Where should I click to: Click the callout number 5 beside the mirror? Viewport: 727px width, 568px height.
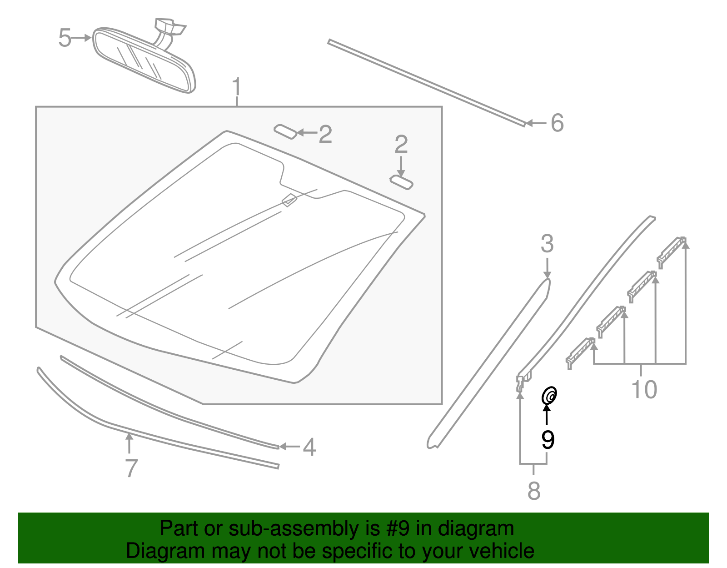tap(65, 38)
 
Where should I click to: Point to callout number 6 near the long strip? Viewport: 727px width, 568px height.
tap(557, 123)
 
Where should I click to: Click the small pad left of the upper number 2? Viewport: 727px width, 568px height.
tap(285, 132)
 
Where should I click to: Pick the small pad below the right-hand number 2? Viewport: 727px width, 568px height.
tap(402, 181)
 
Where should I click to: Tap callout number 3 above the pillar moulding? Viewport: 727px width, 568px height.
tap(547, 244)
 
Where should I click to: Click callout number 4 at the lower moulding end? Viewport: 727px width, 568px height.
tap(309, 447)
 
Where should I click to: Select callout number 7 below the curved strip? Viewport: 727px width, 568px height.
tap(131, 468)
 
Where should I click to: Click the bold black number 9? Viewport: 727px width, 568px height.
tap(548, 439)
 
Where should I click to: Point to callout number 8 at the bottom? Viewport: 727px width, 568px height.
tap(534, 491)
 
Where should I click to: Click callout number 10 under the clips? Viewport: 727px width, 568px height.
tap(644, 390)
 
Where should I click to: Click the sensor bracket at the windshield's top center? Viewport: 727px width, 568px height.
tap(289, 199)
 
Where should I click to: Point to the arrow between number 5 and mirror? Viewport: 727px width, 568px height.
tap(83, 38)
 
